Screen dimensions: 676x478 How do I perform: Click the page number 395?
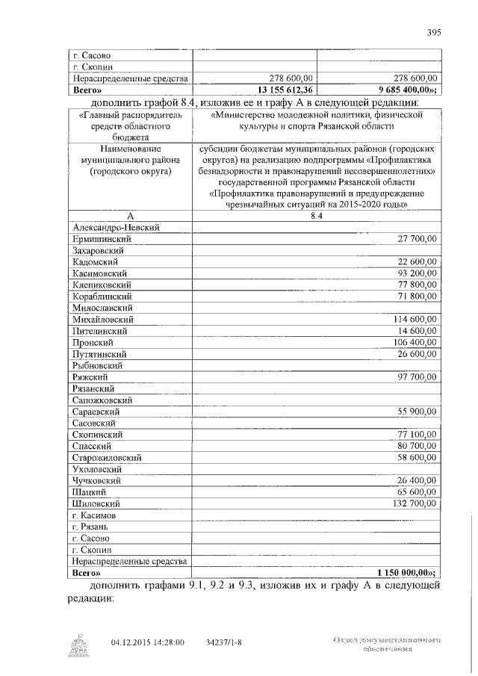coord(435,32)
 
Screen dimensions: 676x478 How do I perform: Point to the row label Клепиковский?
coord(102,285)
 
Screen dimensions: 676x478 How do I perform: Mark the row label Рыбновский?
coord(98,365)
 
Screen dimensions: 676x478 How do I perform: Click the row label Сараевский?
coord(97,412)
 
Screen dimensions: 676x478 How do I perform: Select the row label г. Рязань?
coord(90,527)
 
